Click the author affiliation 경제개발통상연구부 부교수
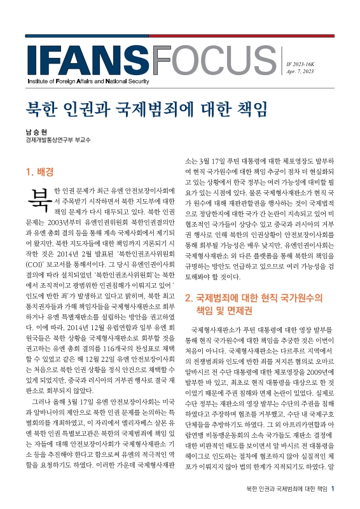coord(57,141)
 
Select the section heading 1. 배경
coord(39,171)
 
